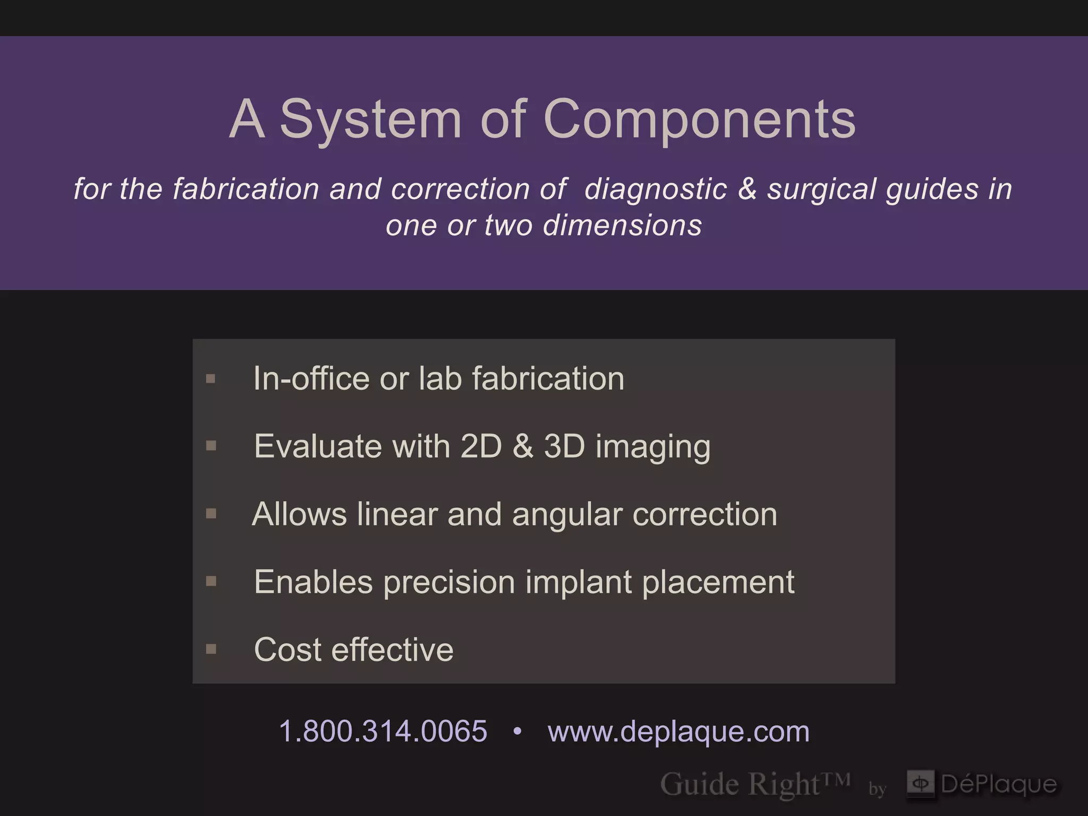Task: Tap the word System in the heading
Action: (x=370, y=120)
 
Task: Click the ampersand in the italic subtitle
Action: (x=747, y=189)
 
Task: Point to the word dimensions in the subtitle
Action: (x=622, y=225)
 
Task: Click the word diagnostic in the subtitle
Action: (x=656, y=189)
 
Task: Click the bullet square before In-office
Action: (x=211, y=379)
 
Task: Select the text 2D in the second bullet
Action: (x=481, y=446)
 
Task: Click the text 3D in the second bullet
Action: (x=564, y=446)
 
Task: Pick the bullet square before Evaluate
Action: (x=211, y=446)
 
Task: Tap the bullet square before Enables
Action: (x=211, y=581)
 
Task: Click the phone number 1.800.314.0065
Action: (x=382, y=731)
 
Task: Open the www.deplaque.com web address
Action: (x=678, y=731)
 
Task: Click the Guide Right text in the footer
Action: (x=740, y=784)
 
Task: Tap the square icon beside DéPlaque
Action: (x=920, y=783)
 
